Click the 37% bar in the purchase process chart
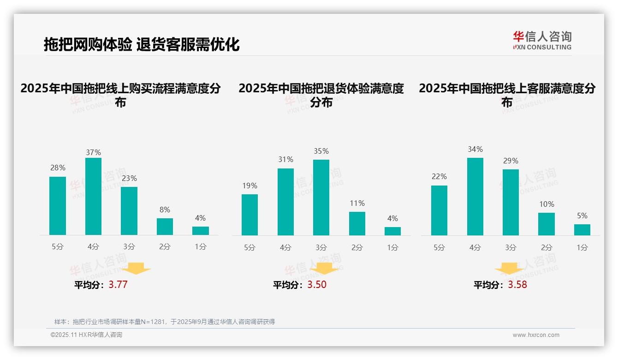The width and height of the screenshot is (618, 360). (93, 196)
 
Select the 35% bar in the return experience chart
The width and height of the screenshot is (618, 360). (321, 198)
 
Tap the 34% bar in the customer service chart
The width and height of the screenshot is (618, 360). (475, 196)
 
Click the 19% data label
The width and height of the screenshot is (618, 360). (250, 186)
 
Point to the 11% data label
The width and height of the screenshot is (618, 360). (357, 203)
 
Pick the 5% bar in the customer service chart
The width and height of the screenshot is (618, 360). (582, 230)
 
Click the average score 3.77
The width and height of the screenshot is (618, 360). (118, 284)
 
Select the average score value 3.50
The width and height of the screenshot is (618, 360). (317, 284)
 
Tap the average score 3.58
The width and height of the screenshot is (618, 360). (517, 284)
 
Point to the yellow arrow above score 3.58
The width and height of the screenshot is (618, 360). (509, 268)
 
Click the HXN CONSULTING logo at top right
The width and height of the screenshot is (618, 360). (542, 40)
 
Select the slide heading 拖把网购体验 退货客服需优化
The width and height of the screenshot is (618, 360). (142, 44)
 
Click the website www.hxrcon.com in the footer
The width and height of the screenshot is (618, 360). (536, 335)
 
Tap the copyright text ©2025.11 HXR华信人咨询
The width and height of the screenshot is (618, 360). (86, 335)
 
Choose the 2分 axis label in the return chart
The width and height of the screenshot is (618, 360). (357, 247)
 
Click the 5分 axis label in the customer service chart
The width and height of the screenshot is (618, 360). (439, 247)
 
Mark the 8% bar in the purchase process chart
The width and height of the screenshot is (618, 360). (165, 227)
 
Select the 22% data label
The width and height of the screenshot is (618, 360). (439, 176)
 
